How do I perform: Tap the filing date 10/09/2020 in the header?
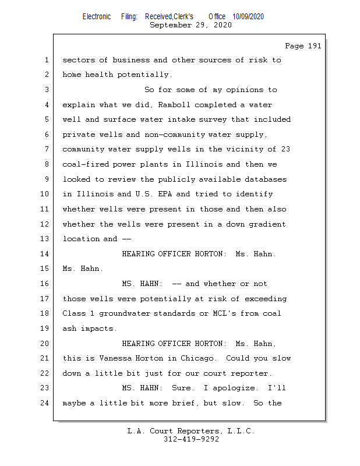248,17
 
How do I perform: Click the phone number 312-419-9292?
190,440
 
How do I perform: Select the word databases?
265,179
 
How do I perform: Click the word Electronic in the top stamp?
97,17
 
